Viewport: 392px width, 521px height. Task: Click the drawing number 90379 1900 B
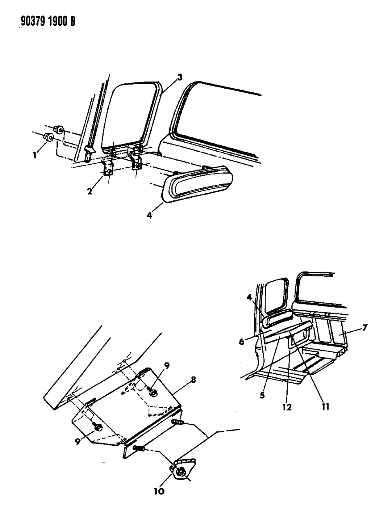coord(48,21)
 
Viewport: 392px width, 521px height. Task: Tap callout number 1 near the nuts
coord(35,155)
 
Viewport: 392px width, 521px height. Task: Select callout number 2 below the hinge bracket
coord(90,191)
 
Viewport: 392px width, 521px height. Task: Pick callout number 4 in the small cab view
coord(249,297)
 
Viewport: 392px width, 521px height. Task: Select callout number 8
coord(194,380)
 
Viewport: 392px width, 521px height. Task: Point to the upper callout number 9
coord(167,366)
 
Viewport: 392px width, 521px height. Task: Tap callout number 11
coord(325,407)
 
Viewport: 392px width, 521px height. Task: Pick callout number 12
coord(287,407)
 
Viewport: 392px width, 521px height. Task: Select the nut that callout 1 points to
coord(49,137)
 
